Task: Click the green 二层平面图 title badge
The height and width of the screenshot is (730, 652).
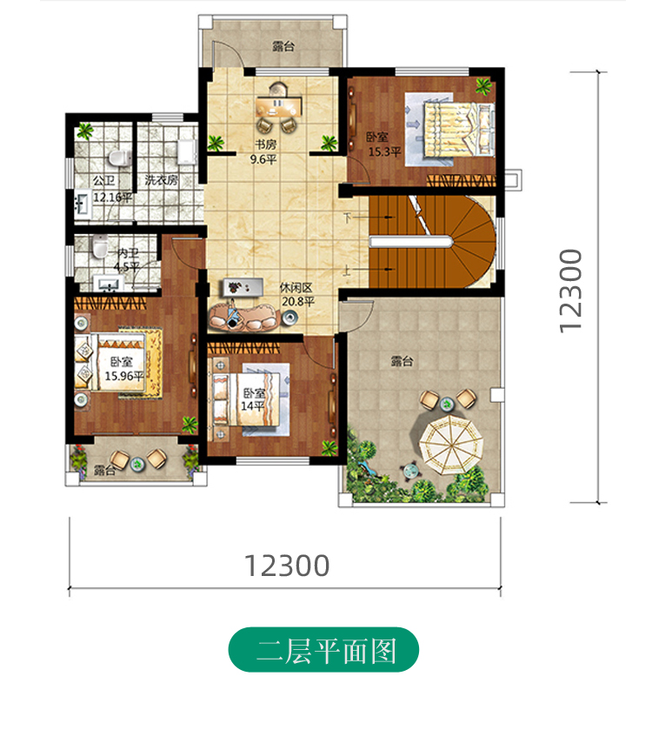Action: (x=323, y=651)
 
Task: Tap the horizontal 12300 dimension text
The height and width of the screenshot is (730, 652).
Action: (x=287, y=566)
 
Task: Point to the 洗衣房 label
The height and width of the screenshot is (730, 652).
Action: (x=161, y=181)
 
